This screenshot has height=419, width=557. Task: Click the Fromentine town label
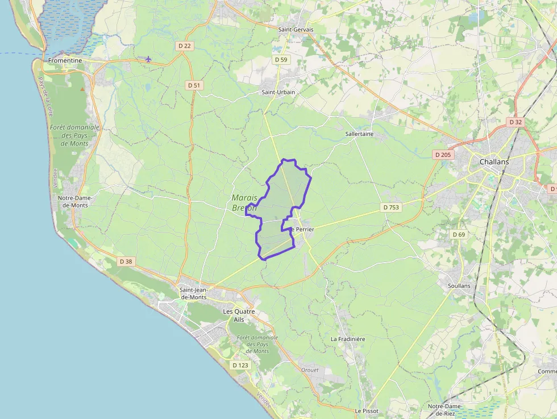coord(65,60)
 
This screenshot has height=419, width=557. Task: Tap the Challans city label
coord(494,161)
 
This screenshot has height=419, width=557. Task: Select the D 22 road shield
coord(184,45)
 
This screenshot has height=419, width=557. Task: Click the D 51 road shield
coord(194,85)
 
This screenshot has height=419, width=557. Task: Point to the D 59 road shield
coord(281,59)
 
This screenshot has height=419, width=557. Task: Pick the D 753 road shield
coord(391,208)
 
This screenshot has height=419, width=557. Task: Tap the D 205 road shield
coord(442,155)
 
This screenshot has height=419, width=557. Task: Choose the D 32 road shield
coord(516,122)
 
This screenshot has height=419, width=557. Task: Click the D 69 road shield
coord(459,234)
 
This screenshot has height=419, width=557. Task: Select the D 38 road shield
coord(126,262)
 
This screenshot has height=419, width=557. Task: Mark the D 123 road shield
coord(240,365)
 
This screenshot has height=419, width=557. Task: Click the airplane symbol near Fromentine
coord(148,59)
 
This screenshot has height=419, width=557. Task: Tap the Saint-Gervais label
coord(296,30)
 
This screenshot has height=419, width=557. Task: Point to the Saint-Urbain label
coord(277,92)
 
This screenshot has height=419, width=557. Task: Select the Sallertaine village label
coord(359,134)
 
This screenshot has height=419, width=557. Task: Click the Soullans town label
coord(459,285)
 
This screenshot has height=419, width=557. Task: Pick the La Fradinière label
coord(348,339)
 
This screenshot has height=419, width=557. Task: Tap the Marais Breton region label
coord(244,203)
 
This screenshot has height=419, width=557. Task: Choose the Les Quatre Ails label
coord(239,316)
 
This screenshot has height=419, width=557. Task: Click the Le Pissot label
coord(367,410)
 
